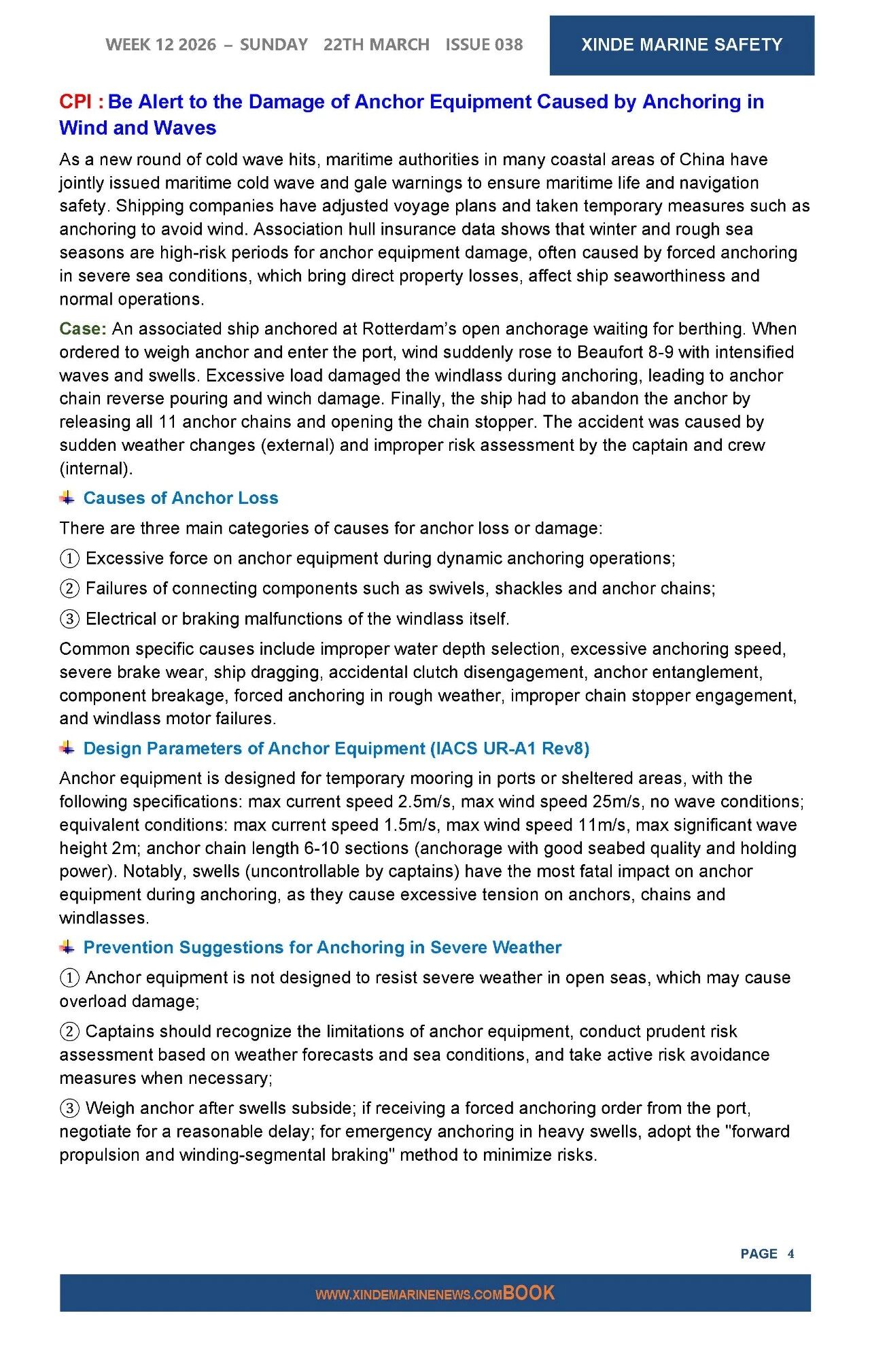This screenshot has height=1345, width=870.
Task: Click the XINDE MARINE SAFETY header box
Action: (x=681, y=45)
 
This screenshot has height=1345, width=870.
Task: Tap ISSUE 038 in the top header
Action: (x=484, y=45)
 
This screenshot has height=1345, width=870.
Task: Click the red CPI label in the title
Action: (x=75, y=102)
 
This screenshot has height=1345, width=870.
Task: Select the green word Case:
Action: (x=83, y=329)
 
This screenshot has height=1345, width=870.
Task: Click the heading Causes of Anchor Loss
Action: (x=181, y=498)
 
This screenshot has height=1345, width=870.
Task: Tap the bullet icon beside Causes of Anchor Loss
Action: (x=67, y=498)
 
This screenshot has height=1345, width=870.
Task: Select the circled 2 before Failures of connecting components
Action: (x=69, y=589)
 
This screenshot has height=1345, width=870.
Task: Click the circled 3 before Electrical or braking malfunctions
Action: (x=69, y=619)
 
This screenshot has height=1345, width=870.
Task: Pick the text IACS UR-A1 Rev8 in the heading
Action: (x=509, y=749)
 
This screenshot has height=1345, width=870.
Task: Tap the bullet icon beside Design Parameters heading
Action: (x=67, y=748)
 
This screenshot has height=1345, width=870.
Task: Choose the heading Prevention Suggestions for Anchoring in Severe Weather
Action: (x=322, y=948)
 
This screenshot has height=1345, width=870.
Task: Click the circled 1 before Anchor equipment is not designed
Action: (x=69, y=978)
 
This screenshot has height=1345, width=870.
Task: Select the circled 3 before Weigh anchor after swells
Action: (x=69, y=1109)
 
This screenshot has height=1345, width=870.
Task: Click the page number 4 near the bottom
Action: (x=790, y=1254)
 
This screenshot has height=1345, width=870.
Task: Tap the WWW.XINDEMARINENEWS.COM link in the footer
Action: (x=408, y=1295)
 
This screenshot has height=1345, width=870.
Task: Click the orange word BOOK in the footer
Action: (x=529, y=1293)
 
